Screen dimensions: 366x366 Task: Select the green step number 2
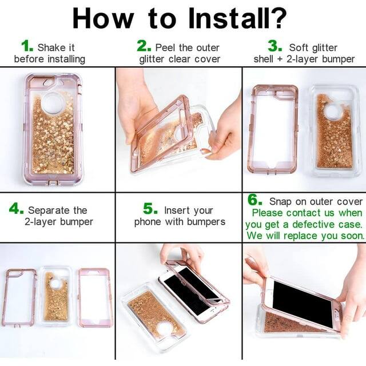click(x=144, y=46)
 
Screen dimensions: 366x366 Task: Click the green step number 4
click(x=17, y=209)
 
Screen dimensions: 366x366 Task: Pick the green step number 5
click(x=150, y=209)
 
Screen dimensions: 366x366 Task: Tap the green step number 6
click(x=254, y=201)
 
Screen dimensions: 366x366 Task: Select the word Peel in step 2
click(x=166, y=47)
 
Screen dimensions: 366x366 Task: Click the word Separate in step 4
click(x=52, y=210)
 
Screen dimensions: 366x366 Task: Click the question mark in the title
click(x=277, y=18)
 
